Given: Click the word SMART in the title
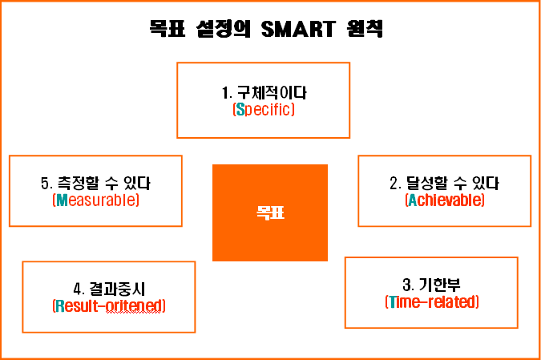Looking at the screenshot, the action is (x=298, y=29).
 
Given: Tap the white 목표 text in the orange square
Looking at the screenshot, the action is (x=270, y=212).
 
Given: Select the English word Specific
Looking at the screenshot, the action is (x=264, y=109).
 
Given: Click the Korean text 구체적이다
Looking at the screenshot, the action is (x=272, y=92).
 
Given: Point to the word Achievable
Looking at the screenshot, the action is (x=445, y=200).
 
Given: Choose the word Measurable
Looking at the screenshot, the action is (x=96, y=200).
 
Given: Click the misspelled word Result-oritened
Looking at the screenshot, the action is (x=109, y=306).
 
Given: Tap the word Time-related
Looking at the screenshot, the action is (x=432, y=301).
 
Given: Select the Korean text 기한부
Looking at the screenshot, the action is (x=440, y=285).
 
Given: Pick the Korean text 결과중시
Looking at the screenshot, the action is (x=117, y=289).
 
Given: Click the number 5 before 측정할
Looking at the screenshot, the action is (x=45, y=184).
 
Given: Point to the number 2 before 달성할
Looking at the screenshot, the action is (x=394, y=184).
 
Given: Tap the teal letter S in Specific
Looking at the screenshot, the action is (x=240, y=109).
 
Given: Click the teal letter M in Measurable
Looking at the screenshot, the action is (x=62, y=200).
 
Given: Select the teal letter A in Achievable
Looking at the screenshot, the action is (x=413, y=200).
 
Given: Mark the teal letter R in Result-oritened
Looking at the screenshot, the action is (x=60, y=306).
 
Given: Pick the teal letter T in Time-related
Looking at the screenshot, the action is (x=392, y=301).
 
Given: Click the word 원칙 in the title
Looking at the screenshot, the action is (x=365, y=29).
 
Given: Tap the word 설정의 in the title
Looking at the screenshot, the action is (x=224, y=29).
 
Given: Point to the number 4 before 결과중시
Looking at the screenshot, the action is (x=78, y=289).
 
